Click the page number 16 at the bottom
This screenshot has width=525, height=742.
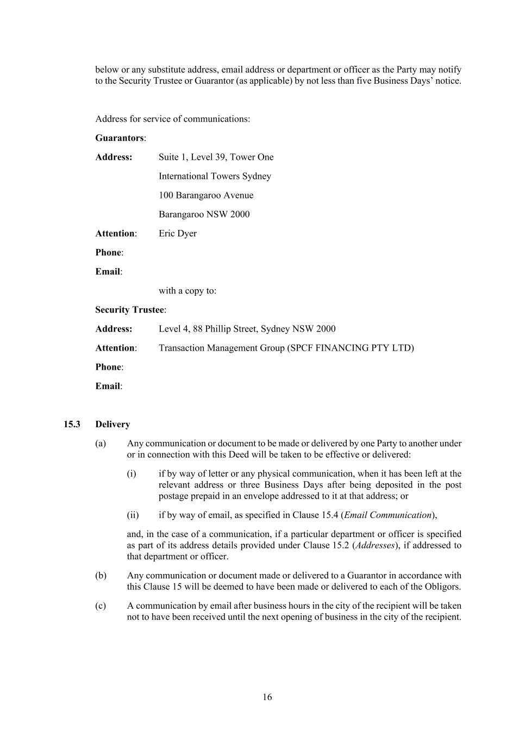267,697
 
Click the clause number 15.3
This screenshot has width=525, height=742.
72,424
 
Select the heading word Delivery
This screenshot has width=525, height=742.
112,424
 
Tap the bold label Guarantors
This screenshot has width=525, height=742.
120,138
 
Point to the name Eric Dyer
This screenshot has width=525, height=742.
178,233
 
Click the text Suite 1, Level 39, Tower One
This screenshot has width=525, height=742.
216,157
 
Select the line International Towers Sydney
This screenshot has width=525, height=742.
215,176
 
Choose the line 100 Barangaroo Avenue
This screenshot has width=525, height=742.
206,195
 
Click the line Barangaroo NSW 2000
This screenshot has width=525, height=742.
204,214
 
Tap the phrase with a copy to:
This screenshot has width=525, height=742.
187,291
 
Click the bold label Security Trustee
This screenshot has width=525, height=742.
129,310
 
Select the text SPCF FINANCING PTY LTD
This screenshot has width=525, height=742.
350,348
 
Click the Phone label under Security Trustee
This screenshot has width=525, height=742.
108,367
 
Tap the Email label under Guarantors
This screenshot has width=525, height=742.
108,271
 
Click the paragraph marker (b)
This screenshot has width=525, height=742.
101,575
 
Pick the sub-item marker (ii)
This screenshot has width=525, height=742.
133,515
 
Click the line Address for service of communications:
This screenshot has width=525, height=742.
173,119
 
